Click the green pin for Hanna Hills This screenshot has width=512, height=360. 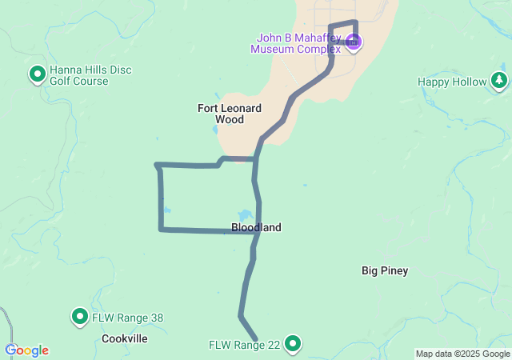[37, 74]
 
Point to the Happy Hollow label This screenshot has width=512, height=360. [452, 82]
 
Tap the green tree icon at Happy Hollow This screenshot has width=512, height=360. [499, 80]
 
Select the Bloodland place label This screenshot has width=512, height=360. [256, 228]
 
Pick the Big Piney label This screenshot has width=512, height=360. [385, 270]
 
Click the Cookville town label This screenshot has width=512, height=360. [125, 338]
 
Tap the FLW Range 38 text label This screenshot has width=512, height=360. [128, 318]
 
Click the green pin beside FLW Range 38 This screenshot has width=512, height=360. [80, 317]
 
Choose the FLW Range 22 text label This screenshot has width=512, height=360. [245, 345]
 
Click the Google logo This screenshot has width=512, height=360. [27, 350]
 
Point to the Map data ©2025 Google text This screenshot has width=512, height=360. [462, 354]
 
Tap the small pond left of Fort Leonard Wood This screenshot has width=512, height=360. [214, 129]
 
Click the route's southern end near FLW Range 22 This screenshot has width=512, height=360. [255, 339]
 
